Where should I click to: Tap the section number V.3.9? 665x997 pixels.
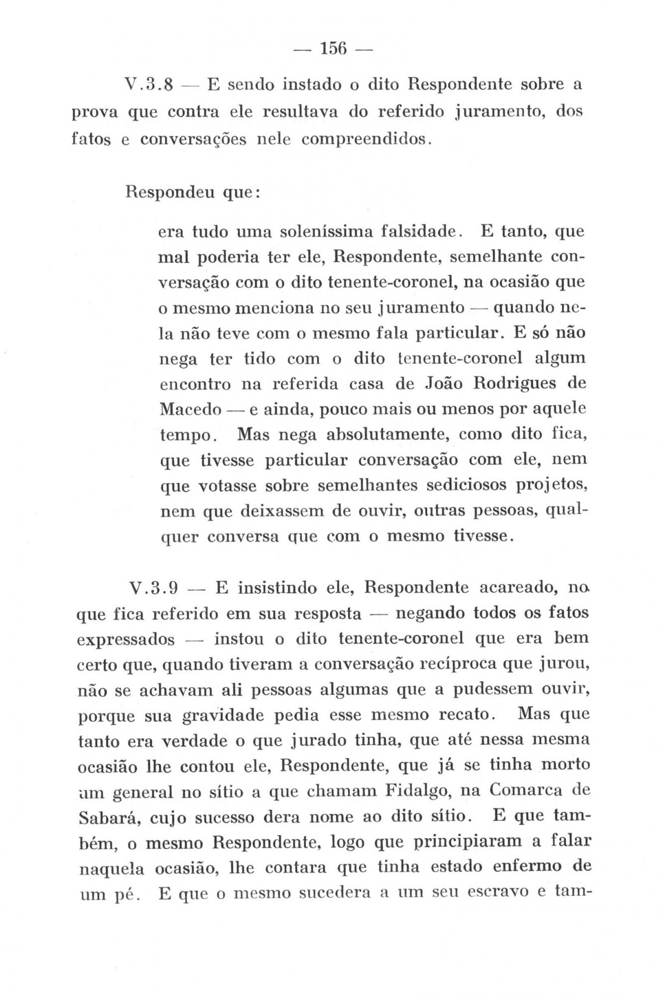pyautogui.click(x=154, y=588)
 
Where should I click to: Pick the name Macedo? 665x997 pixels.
pyautogui.click(x=190, y=410)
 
